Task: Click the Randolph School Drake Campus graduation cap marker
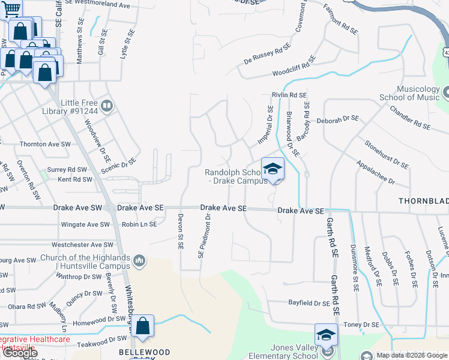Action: tap(273, 168)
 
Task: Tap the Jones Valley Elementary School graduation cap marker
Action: tap(326, 335)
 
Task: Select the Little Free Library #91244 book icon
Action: tap(106, 106)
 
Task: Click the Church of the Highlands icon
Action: tap(139, 260)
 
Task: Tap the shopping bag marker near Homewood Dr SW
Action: tap(143, 326)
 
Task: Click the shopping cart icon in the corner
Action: tap(11, 8)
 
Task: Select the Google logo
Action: tap(20, 353)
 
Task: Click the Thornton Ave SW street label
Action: tap(43, 144)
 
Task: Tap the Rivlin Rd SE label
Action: tap(289, 95)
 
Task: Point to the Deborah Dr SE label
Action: tap(338, 120)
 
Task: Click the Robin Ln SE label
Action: tap(139, 224)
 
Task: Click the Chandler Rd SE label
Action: tap(410, 118)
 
